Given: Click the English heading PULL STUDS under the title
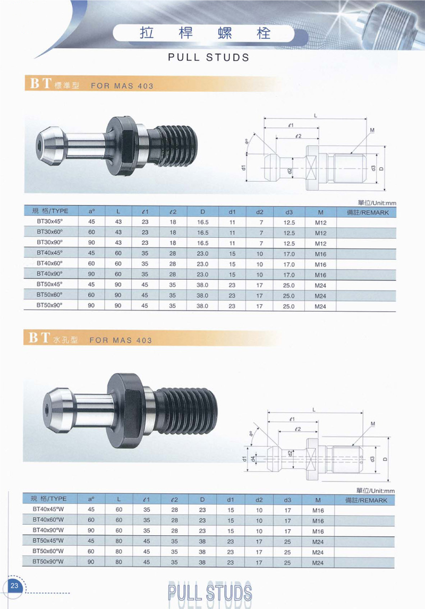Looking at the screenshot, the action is [208, 57].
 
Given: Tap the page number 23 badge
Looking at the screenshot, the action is [14, 586].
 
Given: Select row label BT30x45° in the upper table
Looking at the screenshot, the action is [50, 221].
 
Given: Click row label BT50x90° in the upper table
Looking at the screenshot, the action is [50, 305].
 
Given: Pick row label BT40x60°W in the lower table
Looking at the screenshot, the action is [48, 520].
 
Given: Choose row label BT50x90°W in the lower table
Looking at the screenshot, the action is [48, 562].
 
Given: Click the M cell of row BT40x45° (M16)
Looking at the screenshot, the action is [320, 254].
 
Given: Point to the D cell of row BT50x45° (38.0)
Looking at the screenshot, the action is [202, 285].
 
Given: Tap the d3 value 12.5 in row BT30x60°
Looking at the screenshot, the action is [288, 233].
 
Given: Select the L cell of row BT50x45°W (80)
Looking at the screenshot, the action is [119, 541].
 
